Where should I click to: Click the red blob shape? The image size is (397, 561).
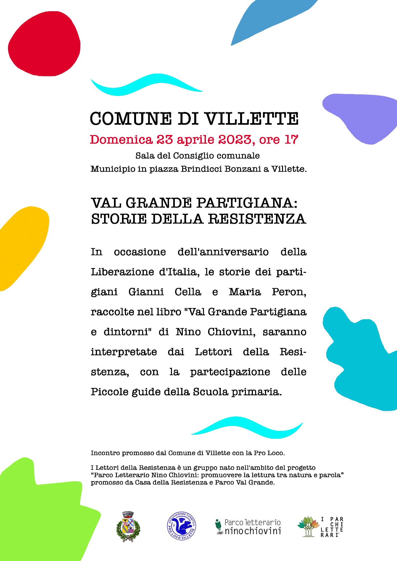tap(44, 45)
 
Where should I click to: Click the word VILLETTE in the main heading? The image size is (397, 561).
tap(251, 119)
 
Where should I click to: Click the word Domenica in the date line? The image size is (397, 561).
tap(121, 140)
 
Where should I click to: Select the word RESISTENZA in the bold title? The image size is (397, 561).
tap(257, 219)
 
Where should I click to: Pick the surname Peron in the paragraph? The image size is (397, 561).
tap(289, 292)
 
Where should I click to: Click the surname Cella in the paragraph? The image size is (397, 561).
tap(188, 292)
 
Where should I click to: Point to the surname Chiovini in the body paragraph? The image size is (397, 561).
tap(231, 332)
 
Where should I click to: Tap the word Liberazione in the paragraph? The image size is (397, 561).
tap(122, 272)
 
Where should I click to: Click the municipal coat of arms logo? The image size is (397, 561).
tap(128, 527)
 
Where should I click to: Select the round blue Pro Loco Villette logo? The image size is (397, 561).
tap(182, 526)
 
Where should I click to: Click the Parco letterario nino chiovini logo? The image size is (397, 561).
tap(248, 527)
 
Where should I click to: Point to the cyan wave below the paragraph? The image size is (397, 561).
tap(247, 427)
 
